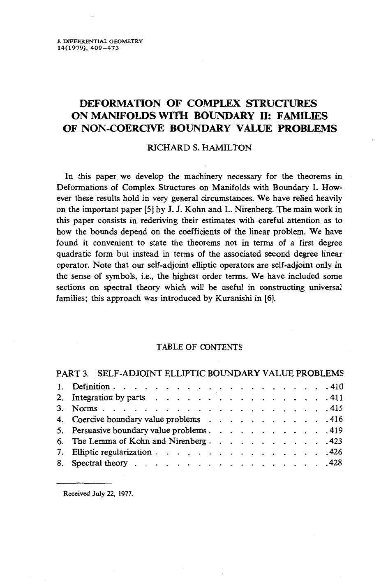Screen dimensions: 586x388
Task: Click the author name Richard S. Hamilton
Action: (199, 148)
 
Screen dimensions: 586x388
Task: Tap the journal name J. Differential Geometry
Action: (100, 42)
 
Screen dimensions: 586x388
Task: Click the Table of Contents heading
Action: (199, 347)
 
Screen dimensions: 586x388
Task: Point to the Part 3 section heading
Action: (199, 373)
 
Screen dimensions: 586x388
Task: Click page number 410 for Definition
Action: (336, 387)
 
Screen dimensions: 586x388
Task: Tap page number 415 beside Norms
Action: (336, 409)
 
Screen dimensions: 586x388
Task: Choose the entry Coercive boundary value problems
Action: (136, 419)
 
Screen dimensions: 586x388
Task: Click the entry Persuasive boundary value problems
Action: (139, 431)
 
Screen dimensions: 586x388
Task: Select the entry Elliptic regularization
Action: (111, 452)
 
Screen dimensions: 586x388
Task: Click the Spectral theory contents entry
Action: (99, 463)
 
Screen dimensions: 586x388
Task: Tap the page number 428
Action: (336, 463)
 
